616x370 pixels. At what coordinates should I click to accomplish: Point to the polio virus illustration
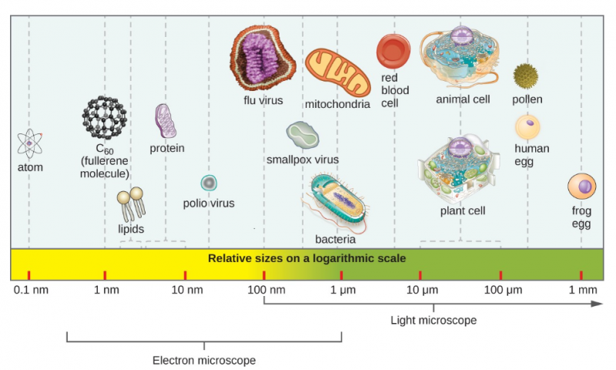(209, 183)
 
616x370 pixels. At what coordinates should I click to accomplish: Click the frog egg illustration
(581, 187)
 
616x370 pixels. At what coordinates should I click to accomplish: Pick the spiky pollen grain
(526, 76)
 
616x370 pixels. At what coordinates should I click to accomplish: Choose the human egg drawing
(528, 126)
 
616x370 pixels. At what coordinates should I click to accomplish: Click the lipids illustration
(131, 203)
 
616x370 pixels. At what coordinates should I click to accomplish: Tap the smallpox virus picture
(303, 136)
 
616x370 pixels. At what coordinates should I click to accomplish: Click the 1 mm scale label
(583, 290)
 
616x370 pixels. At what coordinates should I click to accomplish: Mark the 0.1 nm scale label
(30, 290)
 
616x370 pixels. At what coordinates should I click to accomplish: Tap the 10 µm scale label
(421, 290)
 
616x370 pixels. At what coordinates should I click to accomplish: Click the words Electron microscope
(203, 359)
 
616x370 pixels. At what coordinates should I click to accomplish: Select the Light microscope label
(433, 320)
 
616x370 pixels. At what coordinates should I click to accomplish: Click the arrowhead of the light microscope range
(597, 304)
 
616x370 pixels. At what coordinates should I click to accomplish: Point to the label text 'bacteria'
(335, 240)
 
